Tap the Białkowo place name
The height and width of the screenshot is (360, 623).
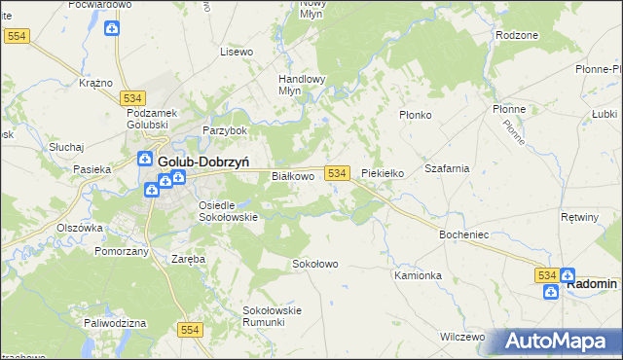(292, 176)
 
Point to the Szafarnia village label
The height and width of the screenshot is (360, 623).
(447, 168)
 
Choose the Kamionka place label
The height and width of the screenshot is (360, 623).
(419, 275)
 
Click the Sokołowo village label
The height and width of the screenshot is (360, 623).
(314, 264)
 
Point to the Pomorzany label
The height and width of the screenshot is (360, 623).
(122, 251)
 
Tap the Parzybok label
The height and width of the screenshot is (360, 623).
(225, 130)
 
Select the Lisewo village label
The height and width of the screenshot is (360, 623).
(237, 51)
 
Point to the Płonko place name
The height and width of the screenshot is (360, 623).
(416, 114)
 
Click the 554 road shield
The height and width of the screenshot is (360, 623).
(191, 331)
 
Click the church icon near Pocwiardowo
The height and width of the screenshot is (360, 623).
(113, 28)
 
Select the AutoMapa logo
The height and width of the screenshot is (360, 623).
(560, 342)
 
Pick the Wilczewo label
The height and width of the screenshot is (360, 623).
(462, 337)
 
